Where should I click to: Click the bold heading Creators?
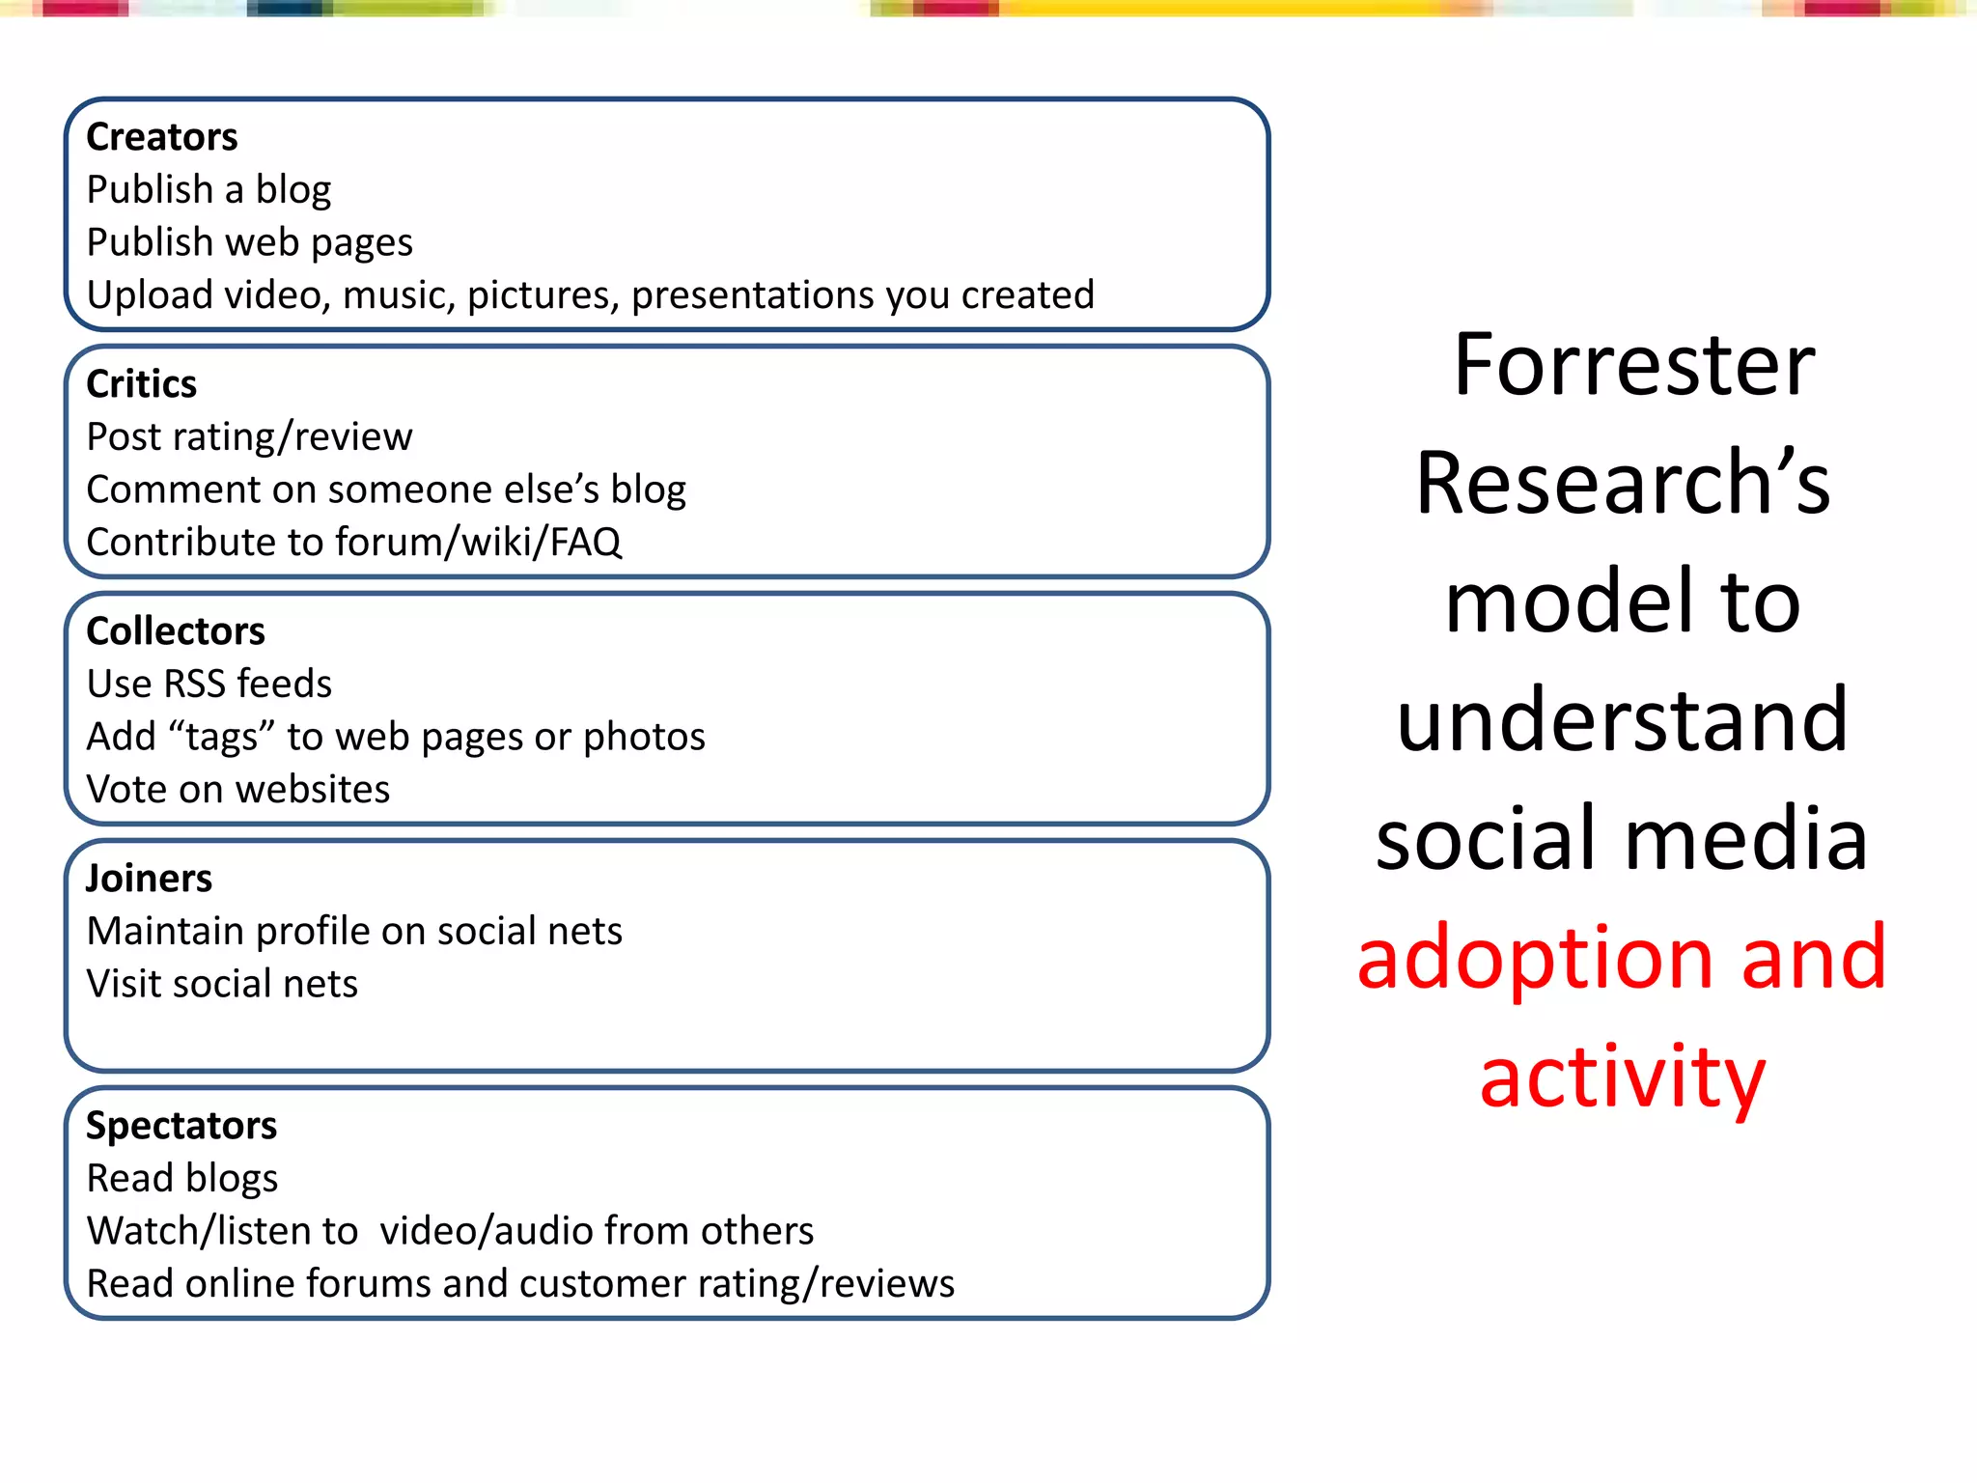point(161,137)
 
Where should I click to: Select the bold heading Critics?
point(141,384)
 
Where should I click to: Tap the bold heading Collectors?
point(175,631)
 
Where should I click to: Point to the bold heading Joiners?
point(149,879)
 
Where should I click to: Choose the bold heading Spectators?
point(181,1126)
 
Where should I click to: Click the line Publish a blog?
point(209,190)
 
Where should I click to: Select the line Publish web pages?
point(249,243)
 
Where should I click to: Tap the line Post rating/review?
point(249,437)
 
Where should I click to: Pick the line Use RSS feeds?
point(209,685)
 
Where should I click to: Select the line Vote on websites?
point(237,790)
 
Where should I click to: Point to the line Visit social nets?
point(222,985)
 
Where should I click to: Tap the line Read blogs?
point(181,1179)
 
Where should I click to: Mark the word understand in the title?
point(1622,720)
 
